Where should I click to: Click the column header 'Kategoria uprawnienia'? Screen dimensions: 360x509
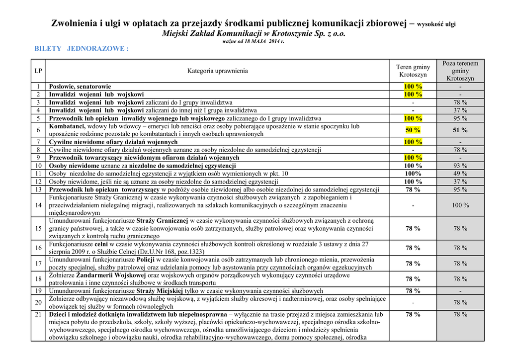tap(217, 71)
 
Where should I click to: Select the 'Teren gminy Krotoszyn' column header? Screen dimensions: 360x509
tap(413, 71)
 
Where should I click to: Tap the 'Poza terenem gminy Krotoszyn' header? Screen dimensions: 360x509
tap(460, 71)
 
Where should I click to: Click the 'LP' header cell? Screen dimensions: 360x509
tap(38, 71)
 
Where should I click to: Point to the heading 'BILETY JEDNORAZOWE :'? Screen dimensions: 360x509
tap(82, 49)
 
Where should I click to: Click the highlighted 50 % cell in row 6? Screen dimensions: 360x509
tap(413, 130)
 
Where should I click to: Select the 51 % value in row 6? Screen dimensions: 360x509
tap(460, 130)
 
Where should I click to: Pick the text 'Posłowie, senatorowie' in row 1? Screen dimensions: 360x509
tap(80, 87)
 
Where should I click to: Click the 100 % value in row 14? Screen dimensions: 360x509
tap(460, 205)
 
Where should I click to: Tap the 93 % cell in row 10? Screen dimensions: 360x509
tap(460, 166)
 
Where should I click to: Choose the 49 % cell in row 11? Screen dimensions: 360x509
tap(460, 174)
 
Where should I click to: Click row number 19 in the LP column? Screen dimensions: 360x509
tap(38, 291)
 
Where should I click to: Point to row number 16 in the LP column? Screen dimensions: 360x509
tap(38, 248)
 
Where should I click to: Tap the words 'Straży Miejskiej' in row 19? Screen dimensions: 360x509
tap(160, 291)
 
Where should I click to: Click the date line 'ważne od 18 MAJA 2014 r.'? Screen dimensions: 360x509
tap(254, 42)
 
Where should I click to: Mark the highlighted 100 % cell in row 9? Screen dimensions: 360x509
tap(413, 158)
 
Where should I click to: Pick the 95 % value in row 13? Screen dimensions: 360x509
tap(460, 189)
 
